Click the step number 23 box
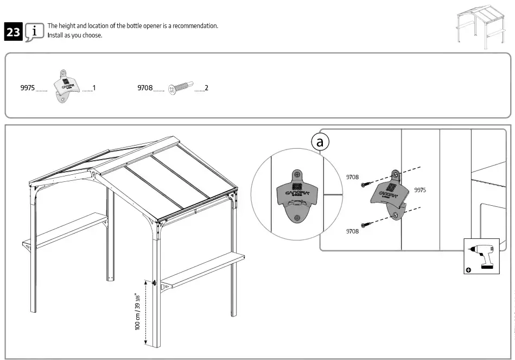[x=12, y=32]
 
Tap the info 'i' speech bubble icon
[x=35, y=31]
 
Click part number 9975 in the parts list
[x=28, y=87]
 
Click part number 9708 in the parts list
[x=145, y=87]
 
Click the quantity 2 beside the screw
[x=207, y=87]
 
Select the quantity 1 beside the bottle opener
[x=94, y=87]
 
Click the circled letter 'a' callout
[x=320, y=142]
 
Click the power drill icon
[x=482, y=255]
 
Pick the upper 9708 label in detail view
[x=353, y=176]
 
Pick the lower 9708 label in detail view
[x=353, y=231]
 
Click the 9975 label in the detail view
[x=420, y=190]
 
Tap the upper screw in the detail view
[x=369, y=182]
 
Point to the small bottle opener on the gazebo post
[x=155, y=283]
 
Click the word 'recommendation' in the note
[x=195, y=26]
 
